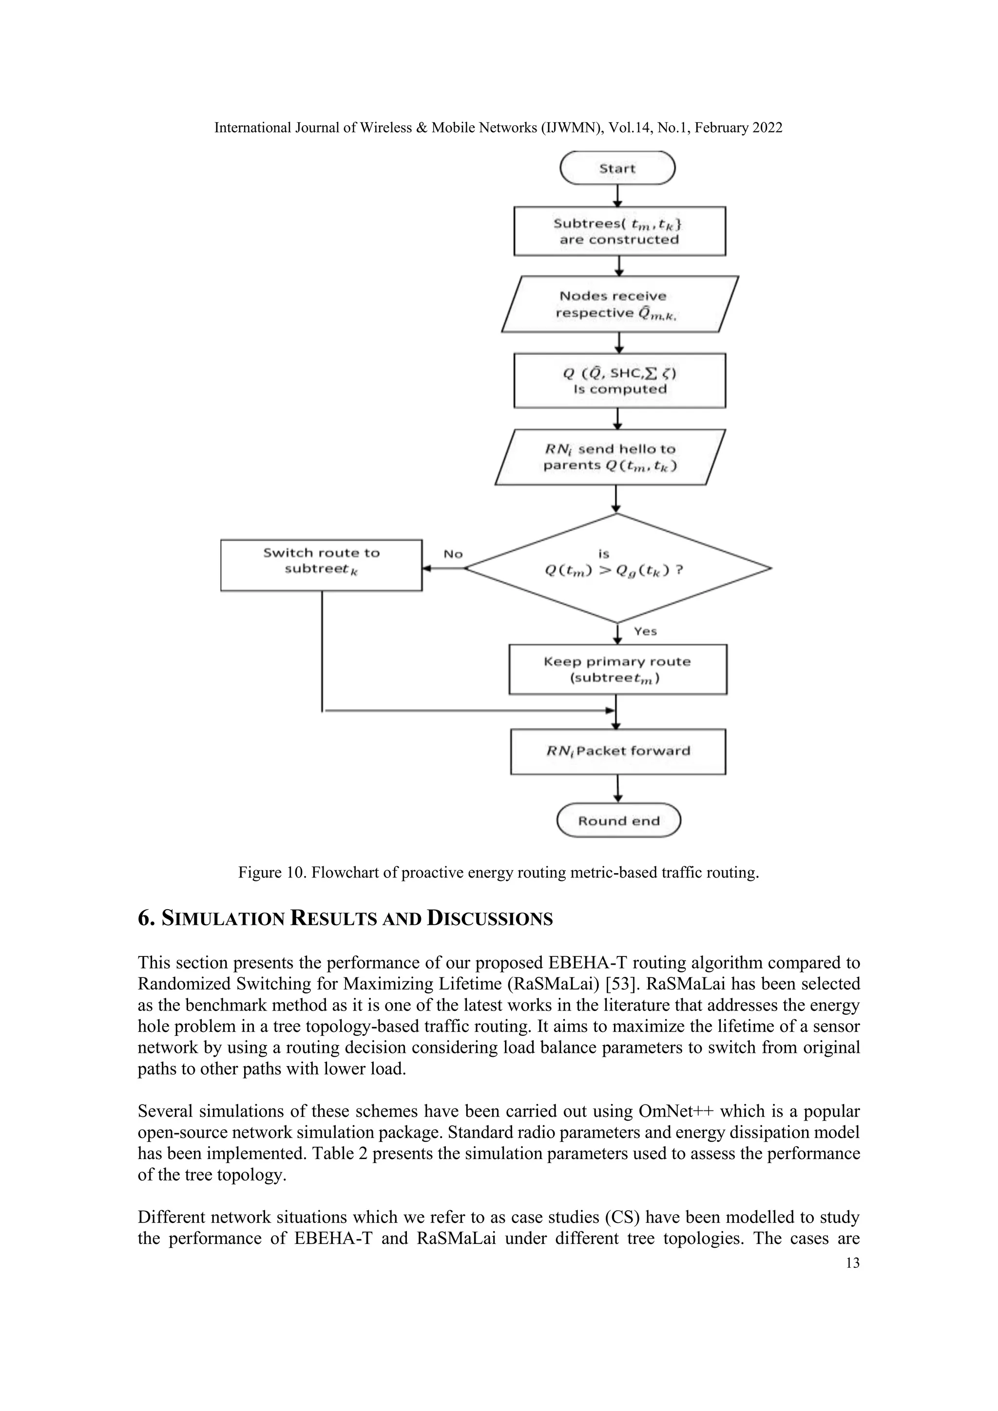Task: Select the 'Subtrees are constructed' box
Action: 619,231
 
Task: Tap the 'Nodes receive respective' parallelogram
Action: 619,304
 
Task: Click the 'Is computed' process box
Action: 619,381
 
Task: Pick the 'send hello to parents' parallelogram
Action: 610,457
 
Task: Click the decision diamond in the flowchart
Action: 617,569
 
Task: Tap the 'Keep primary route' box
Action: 617,669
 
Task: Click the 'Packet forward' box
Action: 617,751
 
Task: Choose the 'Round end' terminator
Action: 619,821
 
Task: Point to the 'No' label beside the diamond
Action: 453,553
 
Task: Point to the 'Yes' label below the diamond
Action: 645,631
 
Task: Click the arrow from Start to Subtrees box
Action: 618,195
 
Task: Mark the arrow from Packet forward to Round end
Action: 617,788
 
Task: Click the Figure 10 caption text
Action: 499,873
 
